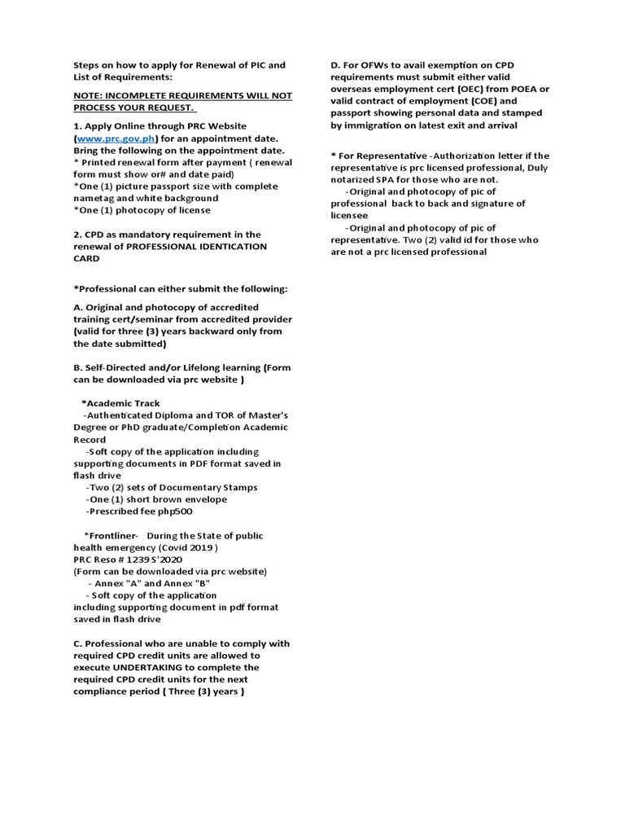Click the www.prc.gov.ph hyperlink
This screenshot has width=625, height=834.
(x=116, y=139)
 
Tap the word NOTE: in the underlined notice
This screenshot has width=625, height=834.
(x=90, y=95)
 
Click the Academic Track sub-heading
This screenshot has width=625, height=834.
(x=123, y=403)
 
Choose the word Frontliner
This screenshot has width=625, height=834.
(x=113, y=535)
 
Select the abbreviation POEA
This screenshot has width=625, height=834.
(x=524, y=89)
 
